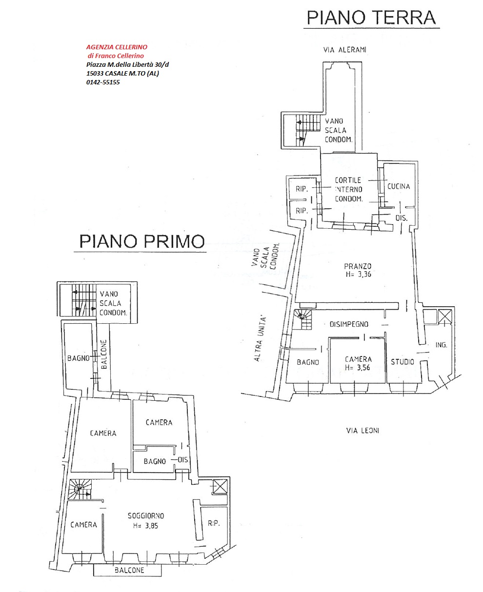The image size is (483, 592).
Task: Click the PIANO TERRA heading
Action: pos(371,18)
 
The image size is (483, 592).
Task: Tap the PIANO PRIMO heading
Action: pos(142,241)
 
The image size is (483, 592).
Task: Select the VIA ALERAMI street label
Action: pos(344,50)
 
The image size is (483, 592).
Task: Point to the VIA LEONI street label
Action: pos(362,430)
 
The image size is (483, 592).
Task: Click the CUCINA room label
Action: pos(399,186)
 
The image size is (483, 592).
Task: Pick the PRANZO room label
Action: pos(358,266)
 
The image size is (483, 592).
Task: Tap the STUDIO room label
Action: pos(402,362)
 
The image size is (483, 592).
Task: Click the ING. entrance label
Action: pos(441,345)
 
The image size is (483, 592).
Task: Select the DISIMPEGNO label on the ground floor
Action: pos(349,324)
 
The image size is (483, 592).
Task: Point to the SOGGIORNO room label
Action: pos(146,515)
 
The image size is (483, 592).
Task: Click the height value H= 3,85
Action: pos(145,526)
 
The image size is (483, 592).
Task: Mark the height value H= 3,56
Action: pos(358,367)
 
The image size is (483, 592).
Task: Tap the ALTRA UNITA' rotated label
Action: pos(260,339)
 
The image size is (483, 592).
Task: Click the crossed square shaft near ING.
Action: pos(445,316)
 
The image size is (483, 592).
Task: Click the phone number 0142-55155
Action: pos(103,82)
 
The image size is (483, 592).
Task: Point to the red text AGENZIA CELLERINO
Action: pos(117,47)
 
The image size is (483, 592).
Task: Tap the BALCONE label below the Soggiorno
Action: pos(129,570)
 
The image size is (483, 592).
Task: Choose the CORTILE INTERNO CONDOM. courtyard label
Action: pos(348,190)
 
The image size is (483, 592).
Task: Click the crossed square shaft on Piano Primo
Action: pos(220,487)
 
